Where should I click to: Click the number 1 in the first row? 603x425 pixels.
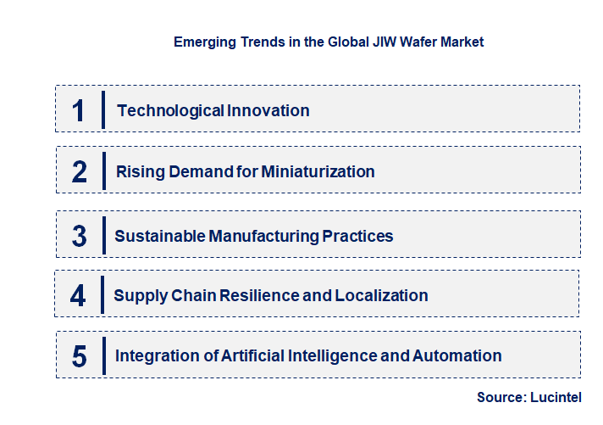79,110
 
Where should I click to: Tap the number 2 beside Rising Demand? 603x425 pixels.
80,172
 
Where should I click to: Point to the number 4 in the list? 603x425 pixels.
79,296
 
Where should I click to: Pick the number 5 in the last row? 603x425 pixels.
79,356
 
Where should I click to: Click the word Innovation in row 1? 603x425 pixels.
269,110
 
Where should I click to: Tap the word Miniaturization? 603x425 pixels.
318,172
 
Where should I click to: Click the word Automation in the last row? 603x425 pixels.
456,356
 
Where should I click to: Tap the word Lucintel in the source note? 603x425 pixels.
557,397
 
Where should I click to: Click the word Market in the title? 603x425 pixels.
461,42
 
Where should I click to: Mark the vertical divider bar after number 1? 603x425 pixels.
102,110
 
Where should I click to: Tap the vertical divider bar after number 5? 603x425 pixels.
102,356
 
